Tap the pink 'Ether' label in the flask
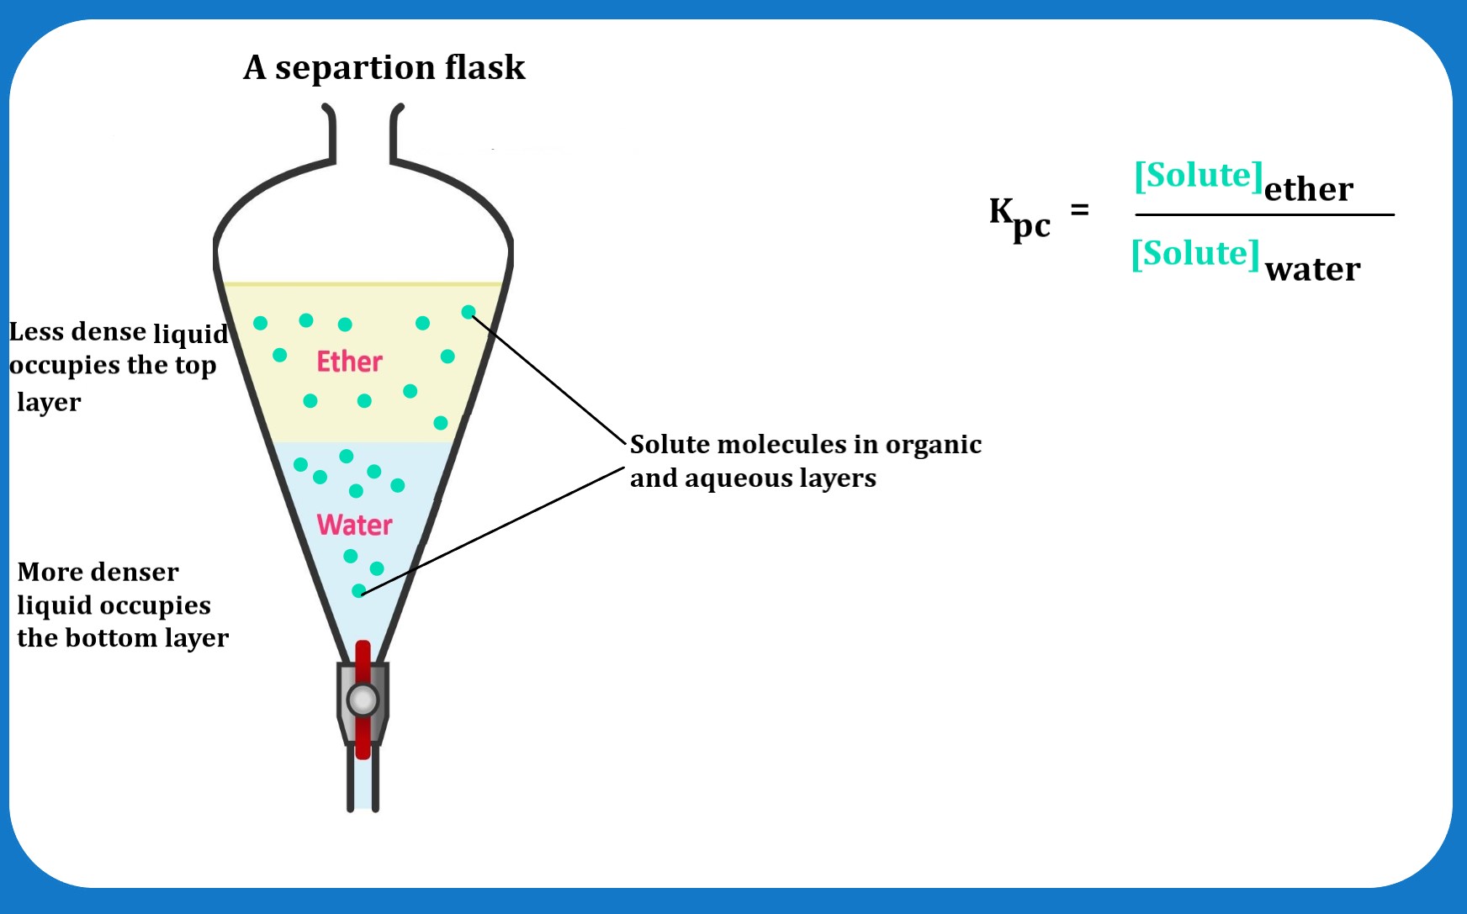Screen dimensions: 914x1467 pos(349,362)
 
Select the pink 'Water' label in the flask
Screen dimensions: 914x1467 pos(354,525)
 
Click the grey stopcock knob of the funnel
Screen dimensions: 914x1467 pos(363,700)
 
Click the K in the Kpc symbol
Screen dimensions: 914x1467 pos(1001,210)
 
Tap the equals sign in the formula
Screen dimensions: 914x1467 pos(1079,209)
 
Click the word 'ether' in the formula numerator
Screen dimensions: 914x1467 pos(1308,190)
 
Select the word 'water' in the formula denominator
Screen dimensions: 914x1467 pos(1312,270)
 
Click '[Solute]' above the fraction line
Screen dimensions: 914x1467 pos(1199,176)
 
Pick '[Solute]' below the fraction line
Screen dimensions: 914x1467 pos(1195,254)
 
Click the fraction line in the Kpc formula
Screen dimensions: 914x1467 pos(1264,215)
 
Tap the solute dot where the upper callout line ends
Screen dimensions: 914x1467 pos(469,313)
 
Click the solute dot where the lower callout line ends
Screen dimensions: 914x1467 pos(358,591)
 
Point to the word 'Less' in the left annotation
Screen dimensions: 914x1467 pos(36,332)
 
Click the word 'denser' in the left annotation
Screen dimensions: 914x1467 pos(140,573)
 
